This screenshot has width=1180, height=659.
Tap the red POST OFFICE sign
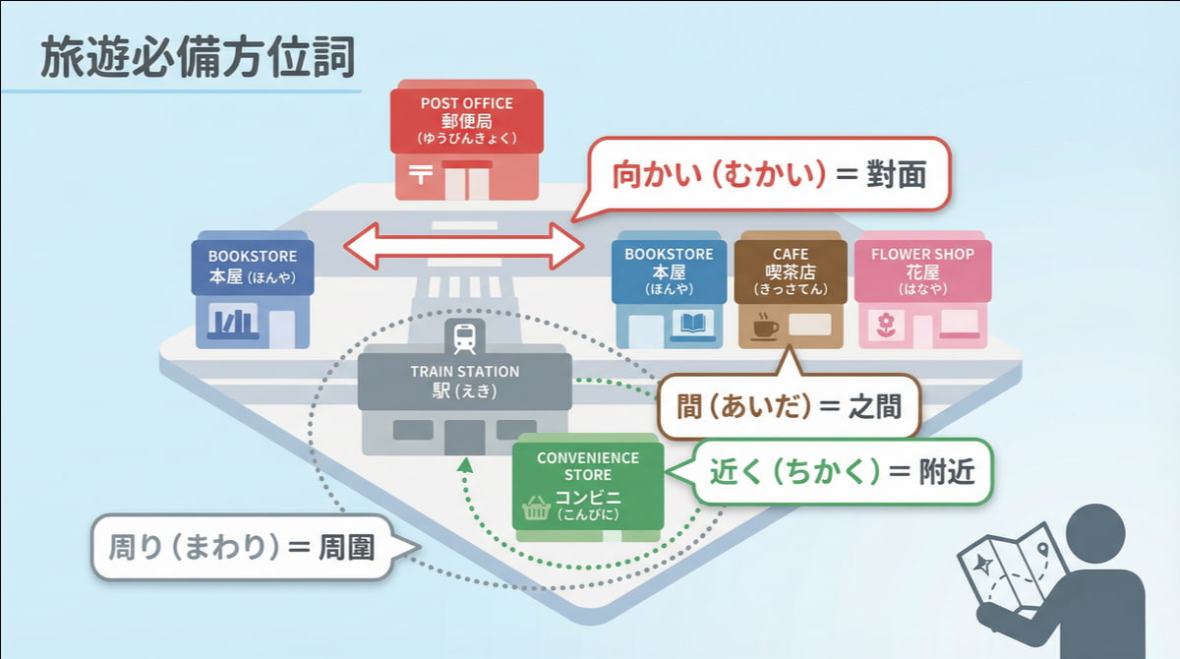466,119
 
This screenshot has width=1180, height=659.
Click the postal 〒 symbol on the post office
421,174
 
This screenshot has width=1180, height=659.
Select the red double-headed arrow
462,246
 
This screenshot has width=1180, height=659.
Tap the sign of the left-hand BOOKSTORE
253,266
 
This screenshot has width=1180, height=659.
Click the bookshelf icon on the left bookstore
233,322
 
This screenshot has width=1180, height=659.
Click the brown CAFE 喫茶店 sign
790,270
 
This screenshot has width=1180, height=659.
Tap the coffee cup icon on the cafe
764,326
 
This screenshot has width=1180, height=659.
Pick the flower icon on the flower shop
885,323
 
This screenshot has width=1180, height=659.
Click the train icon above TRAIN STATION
464,337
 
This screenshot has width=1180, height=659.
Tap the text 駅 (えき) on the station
464,391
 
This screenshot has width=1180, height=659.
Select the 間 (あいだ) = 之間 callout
788,406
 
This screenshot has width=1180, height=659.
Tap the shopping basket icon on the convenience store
536,508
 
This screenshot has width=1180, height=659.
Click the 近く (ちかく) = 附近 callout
841,471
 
